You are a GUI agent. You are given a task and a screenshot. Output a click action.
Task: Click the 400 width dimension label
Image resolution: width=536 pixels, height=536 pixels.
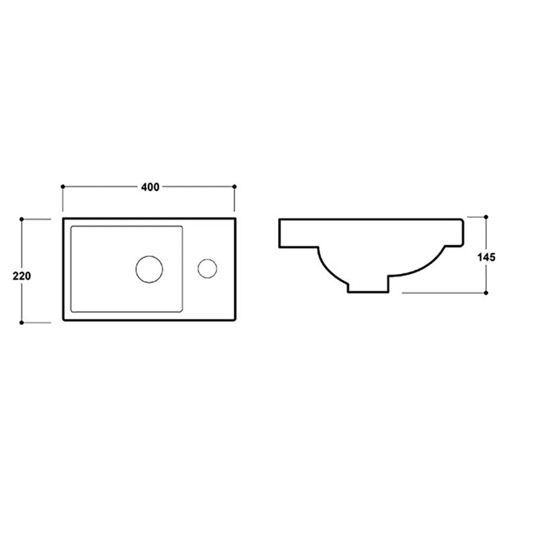[x=149, y=187]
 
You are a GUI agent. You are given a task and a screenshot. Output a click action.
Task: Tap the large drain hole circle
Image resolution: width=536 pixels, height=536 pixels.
[x=149, y=269]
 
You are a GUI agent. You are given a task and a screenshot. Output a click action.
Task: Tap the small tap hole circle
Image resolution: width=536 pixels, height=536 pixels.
[x=207, y=269]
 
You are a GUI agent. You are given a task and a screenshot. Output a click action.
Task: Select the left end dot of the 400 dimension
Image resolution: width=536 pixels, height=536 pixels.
[x=62, y=186]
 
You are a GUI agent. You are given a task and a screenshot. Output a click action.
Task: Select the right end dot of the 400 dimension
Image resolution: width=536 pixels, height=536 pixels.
[x=234, y=186]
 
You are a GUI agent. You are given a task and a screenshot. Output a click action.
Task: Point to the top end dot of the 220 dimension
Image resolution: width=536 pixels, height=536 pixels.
[x=23, y=218]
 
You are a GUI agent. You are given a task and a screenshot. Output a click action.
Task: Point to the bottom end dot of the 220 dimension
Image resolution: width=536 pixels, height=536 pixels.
[x=23, y=322]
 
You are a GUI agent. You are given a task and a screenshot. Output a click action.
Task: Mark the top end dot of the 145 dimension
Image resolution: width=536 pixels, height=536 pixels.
[x=486, y=216]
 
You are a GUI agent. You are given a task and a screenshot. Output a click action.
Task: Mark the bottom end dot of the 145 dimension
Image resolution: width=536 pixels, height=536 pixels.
[x=486, y=292]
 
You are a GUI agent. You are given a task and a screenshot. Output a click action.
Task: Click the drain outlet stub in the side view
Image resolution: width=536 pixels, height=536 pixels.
[x=368, y=286]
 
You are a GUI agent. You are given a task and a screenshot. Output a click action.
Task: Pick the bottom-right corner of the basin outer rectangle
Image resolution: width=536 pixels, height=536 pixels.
[x=237, y=322]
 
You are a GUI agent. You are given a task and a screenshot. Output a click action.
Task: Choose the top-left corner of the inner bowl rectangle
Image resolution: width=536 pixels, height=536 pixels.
[x=70, y=226]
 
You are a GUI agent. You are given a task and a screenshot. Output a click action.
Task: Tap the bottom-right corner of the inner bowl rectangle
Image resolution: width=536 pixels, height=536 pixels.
[x=184, y=313]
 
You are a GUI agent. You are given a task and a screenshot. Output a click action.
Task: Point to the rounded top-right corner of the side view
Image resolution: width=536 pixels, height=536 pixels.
[x=461, y=220]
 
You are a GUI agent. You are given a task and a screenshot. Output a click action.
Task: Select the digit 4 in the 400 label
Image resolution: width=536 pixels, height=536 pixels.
[x=143, y=187]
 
